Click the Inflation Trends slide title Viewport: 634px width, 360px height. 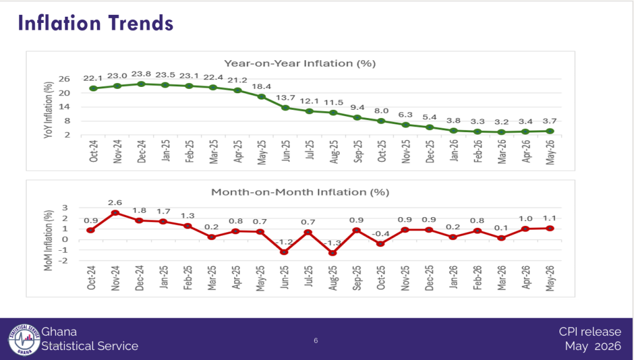(96, 23)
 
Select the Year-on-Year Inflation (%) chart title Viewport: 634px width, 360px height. (300, 63)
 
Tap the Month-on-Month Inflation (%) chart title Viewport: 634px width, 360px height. (300, 192)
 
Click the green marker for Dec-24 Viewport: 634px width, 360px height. (141, 84)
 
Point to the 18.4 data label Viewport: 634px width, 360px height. (261, 86)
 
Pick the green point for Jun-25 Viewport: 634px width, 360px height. (286, 108)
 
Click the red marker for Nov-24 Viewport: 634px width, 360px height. (115, 212)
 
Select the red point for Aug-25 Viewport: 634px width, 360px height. (332, 253)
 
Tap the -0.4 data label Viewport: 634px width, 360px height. (380, 234)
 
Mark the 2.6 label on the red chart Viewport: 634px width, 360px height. (115, 203)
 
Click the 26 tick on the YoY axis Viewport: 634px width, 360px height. (65, 79)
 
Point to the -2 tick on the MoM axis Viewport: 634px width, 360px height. (63, 261)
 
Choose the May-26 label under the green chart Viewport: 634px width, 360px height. (550, 152)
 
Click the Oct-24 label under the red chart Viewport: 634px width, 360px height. (91, 277)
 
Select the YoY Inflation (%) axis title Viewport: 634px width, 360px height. (48, 110)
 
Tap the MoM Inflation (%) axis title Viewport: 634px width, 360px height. (48, 240)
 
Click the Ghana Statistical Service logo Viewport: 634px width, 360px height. (24, 340)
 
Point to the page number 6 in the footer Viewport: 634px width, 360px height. (316, 341)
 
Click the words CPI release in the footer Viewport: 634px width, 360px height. (590, 331)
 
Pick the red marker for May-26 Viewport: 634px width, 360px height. (550, 228)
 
